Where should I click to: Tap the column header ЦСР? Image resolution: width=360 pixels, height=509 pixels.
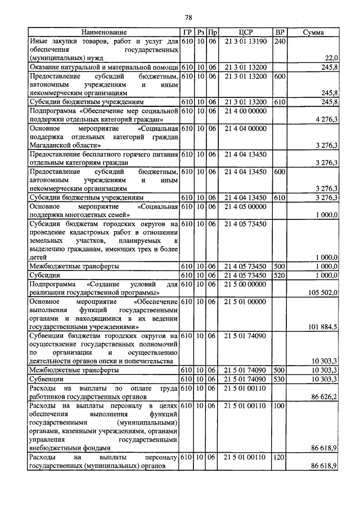pyautogui.click(x=245, y=33)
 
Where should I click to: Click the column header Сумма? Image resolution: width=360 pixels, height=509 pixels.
pyautogui.click(x=313, y=33)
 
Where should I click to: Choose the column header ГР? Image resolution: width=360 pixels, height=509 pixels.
pyautogui.click(x=187, y=33)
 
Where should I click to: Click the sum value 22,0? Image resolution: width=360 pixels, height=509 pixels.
pyautogui.click(x=331, y=58)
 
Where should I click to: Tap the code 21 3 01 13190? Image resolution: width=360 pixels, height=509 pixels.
pyautogui.click(x=245, y=42)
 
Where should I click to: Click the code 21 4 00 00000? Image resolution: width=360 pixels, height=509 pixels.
pyautogui.click(x=245, y=111)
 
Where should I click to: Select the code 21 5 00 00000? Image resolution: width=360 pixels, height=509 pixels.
pyautogui.click(x=245, y=285)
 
